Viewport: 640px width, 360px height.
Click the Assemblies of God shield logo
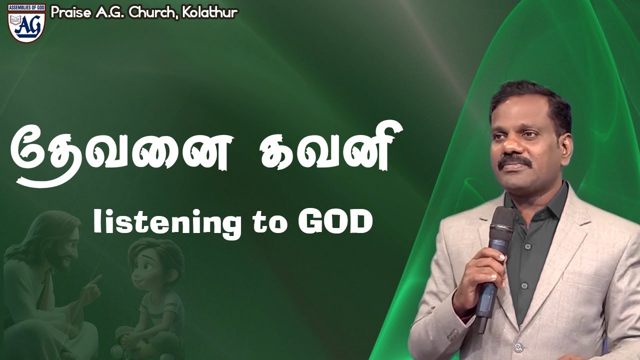tap(26, 22)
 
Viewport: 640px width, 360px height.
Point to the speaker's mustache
tap(517, 162)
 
